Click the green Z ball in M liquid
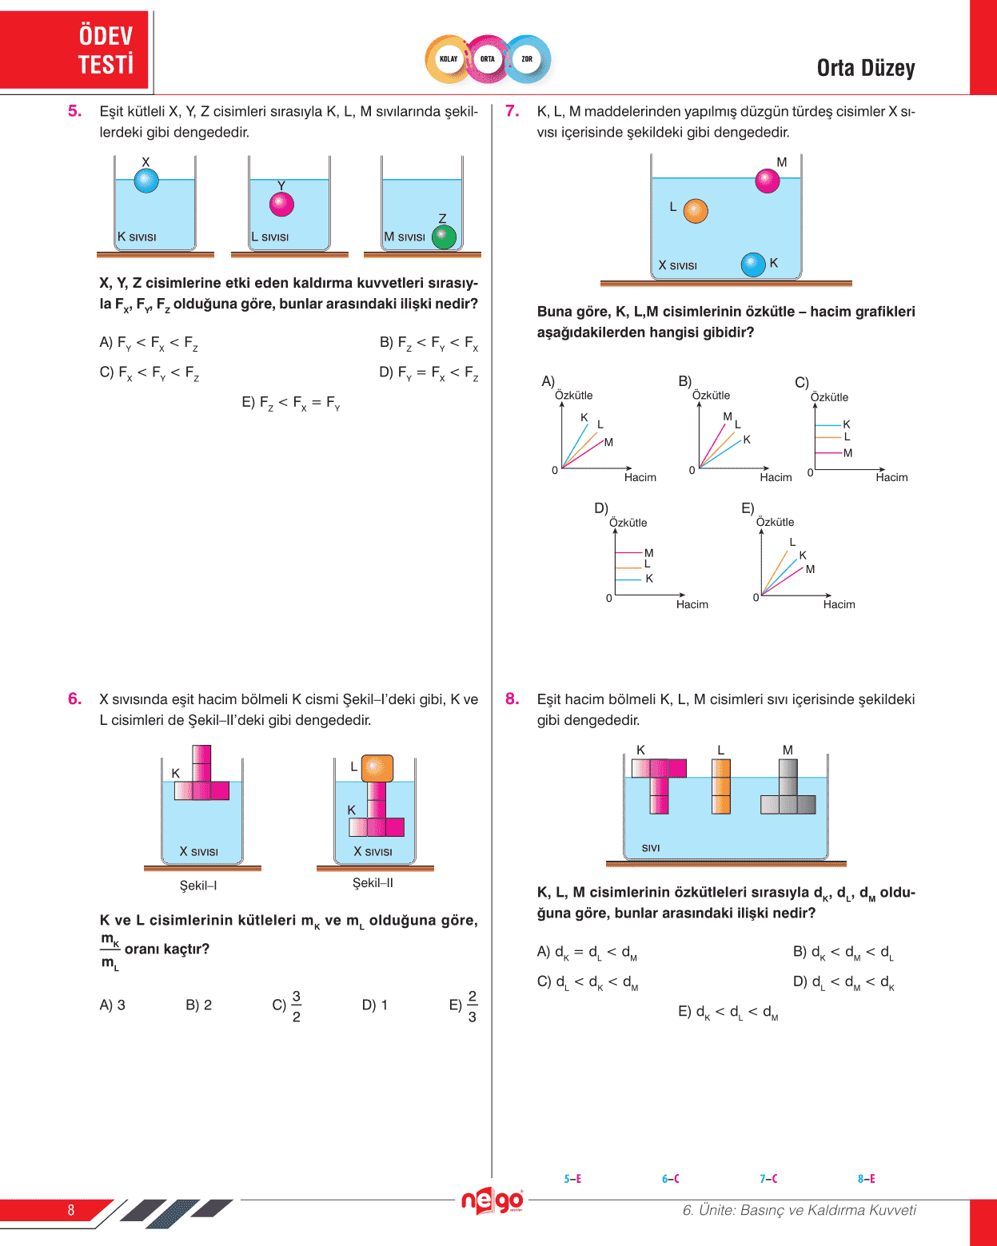pos(444,237)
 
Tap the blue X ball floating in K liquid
pos(146,181)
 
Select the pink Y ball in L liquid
pos(281,204)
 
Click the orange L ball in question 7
pos(696,210)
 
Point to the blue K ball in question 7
pos(753,264)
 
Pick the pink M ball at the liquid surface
pos(767,181)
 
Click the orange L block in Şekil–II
pos(377,768)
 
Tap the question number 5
pos(75,111)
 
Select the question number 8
pos(512,699)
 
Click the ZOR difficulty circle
pos(527,59)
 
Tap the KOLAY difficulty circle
pos(449,59)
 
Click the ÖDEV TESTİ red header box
pos(75,50)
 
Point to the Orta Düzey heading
pos(866,69)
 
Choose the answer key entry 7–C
pos(768,1179)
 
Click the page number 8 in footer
pos(71,1210)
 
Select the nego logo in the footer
pos(493,1200)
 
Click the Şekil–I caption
pos(198,886)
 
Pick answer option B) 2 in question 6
pos(198,1005)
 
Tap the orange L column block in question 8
pos(721,786)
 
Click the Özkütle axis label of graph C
pos(829,397)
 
